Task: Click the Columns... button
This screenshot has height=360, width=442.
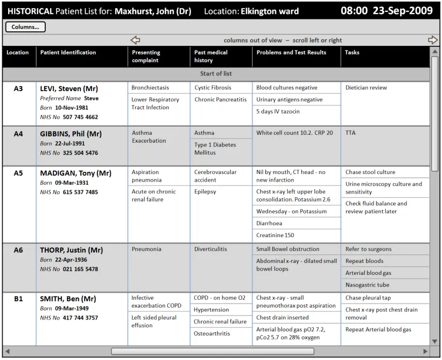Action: coord(25,27)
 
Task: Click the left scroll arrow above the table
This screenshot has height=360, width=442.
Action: coord(135,40)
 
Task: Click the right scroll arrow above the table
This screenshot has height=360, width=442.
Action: coord(432,40)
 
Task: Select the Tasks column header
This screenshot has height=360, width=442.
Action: coord(352,53)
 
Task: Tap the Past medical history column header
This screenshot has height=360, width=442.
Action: coord(211,56)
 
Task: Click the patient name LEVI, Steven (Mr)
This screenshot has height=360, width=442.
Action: coord(69,88)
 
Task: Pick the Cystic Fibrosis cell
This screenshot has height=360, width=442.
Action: coord(213,88)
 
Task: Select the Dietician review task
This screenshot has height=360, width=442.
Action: coord(366,88)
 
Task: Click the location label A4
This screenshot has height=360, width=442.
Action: coord(18,134)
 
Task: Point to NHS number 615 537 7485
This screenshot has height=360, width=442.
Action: coord(80,192)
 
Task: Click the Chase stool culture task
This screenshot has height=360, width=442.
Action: coord(370,172)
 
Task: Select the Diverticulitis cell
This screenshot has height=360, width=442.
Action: coord(211,250)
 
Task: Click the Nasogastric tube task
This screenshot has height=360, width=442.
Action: coord(367,285)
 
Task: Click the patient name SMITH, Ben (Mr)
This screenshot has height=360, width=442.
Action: coord(68,299)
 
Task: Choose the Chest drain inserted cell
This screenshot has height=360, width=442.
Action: coord(282,318)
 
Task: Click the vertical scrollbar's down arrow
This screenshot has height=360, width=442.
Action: coord(435,341)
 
